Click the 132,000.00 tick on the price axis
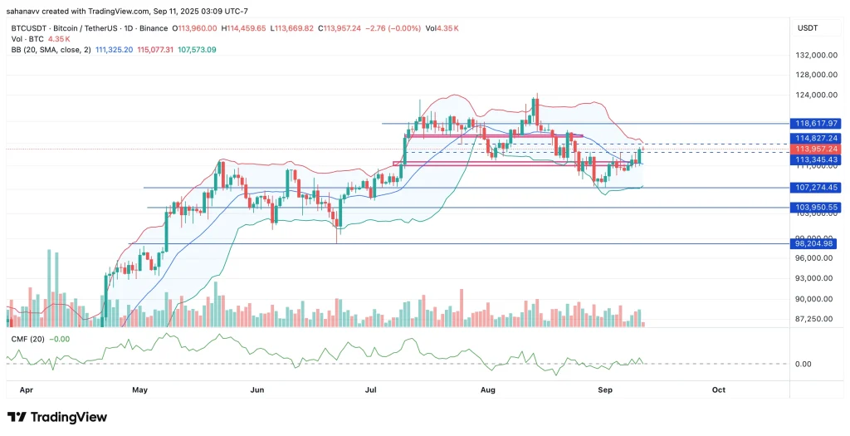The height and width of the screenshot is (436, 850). (x=814, y=56)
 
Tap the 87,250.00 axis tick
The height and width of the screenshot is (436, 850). (x=814, y=319)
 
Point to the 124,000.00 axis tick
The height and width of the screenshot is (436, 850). (x=814, y=95)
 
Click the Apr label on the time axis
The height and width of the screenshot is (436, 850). (x=25, y=389)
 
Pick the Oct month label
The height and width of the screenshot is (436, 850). (x=719, y=389)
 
